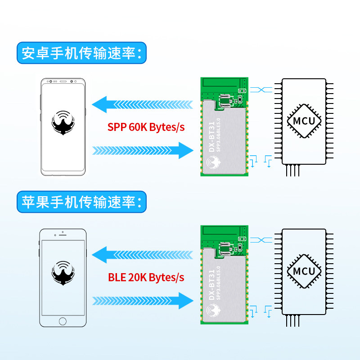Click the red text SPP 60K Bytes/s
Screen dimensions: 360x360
tap(146, 127)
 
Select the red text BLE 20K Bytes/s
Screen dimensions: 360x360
tap(146, 277)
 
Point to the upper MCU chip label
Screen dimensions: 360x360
tap(304, 121)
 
